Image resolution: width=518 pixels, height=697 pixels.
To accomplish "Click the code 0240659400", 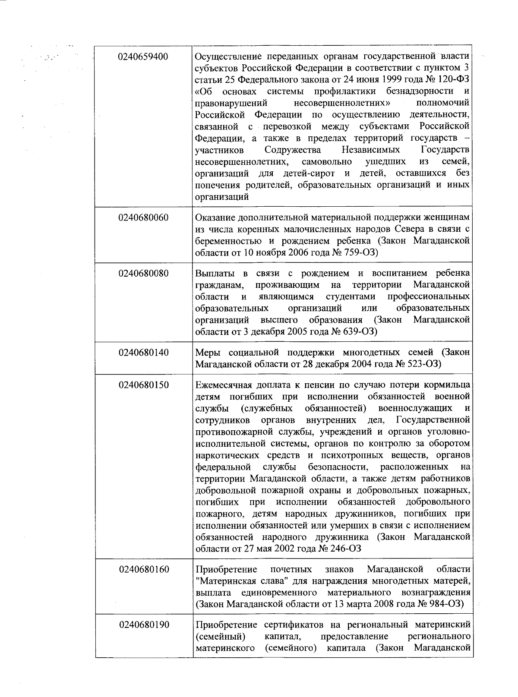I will [144, 57].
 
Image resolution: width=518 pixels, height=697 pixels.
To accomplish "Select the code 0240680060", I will [144, 218].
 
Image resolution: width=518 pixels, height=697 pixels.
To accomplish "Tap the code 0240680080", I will [144, 274].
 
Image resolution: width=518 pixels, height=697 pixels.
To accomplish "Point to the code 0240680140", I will [144, 353].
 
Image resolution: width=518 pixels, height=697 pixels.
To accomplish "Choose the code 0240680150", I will [144, 385].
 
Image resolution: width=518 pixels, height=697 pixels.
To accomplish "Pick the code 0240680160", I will [144, 569].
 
